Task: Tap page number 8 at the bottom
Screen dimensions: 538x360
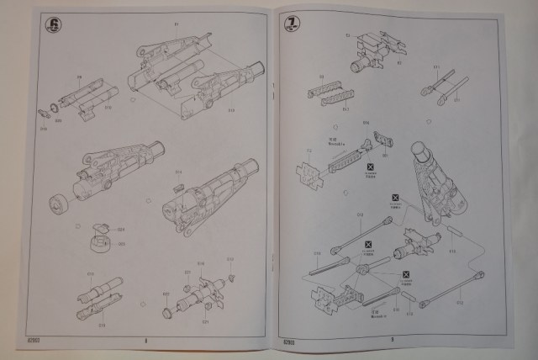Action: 145,341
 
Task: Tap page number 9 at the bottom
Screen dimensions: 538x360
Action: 392,340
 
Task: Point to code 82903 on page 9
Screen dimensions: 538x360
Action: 288,340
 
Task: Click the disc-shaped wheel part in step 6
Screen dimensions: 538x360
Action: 60,204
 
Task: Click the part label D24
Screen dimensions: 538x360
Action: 120,229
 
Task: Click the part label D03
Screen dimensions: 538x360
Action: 120,244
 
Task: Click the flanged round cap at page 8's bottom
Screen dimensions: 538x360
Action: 167,313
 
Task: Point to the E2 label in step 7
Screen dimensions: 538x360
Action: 348,35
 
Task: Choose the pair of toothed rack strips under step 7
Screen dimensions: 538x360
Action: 330,94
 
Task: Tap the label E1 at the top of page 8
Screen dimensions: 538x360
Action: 177,24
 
